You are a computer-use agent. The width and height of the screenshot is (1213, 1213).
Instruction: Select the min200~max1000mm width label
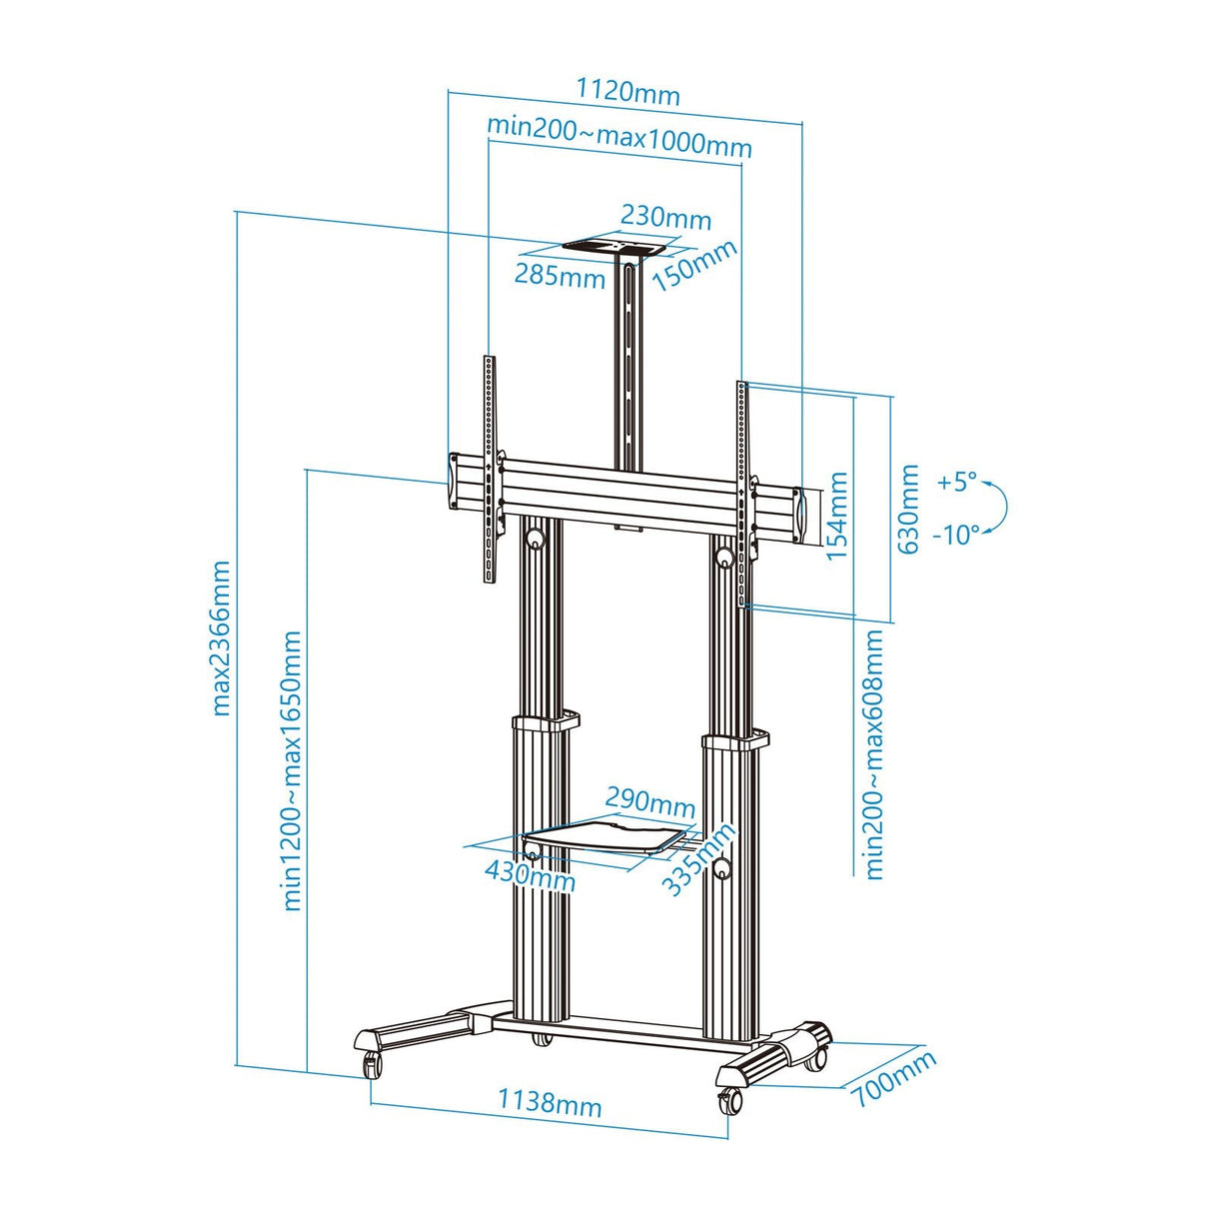click(618, 137)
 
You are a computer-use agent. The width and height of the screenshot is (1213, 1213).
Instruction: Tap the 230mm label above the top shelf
click(665, 217)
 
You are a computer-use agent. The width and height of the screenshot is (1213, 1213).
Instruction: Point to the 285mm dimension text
click(560, 274)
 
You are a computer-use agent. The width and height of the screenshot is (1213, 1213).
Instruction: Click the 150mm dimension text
click(694, 265)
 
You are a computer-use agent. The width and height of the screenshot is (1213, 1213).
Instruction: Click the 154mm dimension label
click(837, 516)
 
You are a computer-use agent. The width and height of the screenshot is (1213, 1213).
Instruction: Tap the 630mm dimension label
click(908, 510)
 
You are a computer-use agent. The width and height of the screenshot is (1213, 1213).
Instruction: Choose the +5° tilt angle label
click(956, 482)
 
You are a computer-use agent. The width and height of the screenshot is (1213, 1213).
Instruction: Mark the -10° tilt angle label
click(956, 535)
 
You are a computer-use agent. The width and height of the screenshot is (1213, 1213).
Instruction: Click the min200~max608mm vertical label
click(874, 754)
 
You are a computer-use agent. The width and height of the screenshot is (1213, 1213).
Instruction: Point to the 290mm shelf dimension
click(650, 801)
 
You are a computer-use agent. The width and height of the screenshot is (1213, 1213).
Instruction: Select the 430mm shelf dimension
click(530, 875)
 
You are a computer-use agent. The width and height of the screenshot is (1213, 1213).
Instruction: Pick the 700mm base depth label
click(893, 1078)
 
